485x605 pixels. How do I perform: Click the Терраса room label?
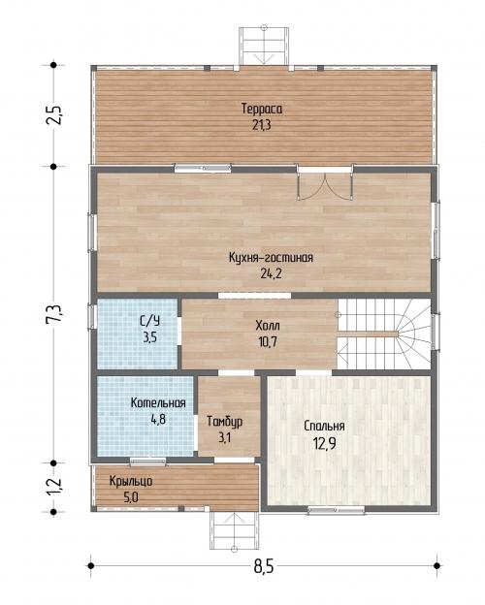pyautogui.click(x=262, y=109)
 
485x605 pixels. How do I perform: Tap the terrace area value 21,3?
pyautogui.click(x=262, y=125)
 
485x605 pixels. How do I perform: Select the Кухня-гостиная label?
pyautogui.click(x=271, y=257)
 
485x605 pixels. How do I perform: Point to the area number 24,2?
pyautogui.click(x=271, y=273)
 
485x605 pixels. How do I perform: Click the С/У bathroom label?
pyautogui.click(x=149, y=321)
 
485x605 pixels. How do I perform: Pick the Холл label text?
pyautogui.click(x=268, y=326)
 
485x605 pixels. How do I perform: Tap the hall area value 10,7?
pyautogui.click(x=268, y=342)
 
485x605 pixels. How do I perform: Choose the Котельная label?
pyautogui.click(x=158, y=402)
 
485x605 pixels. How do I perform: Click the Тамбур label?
pyautogui.click(x=225, y=422)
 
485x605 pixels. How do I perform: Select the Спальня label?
pyautogui.click(x=324, y=427)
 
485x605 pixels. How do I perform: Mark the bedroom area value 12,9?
pyautogui.click(x=324, y=444)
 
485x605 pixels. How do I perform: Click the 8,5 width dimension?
pyautogui.click(x=264, y=567)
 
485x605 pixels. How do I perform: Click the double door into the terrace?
pyautogui.click(x=325, y=185)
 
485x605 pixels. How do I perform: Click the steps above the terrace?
pyautogui.click(x=264, y=47)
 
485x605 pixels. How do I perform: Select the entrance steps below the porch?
pyautogui.click(x=235, y=530)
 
